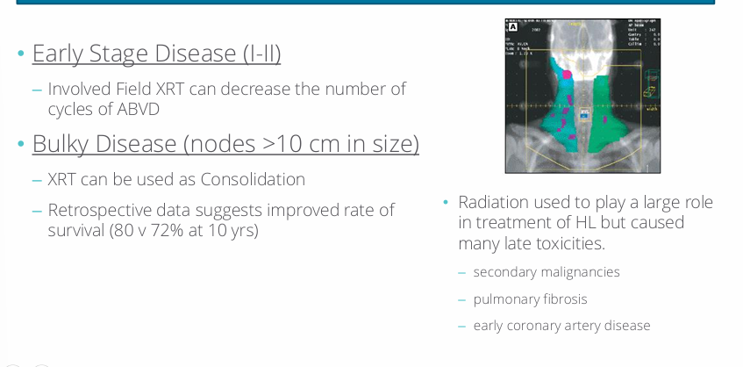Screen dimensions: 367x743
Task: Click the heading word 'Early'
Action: (60, 54)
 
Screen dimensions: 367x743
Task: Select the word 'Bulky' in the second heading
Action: (60, 143)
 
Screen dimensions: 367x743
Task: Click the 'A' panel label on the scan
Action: (513, 27)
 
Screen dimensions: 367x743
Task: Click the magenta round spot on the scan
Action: (567, 75)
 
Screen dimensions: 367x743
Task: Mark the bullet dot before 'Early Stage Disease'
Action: (20, 54)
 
